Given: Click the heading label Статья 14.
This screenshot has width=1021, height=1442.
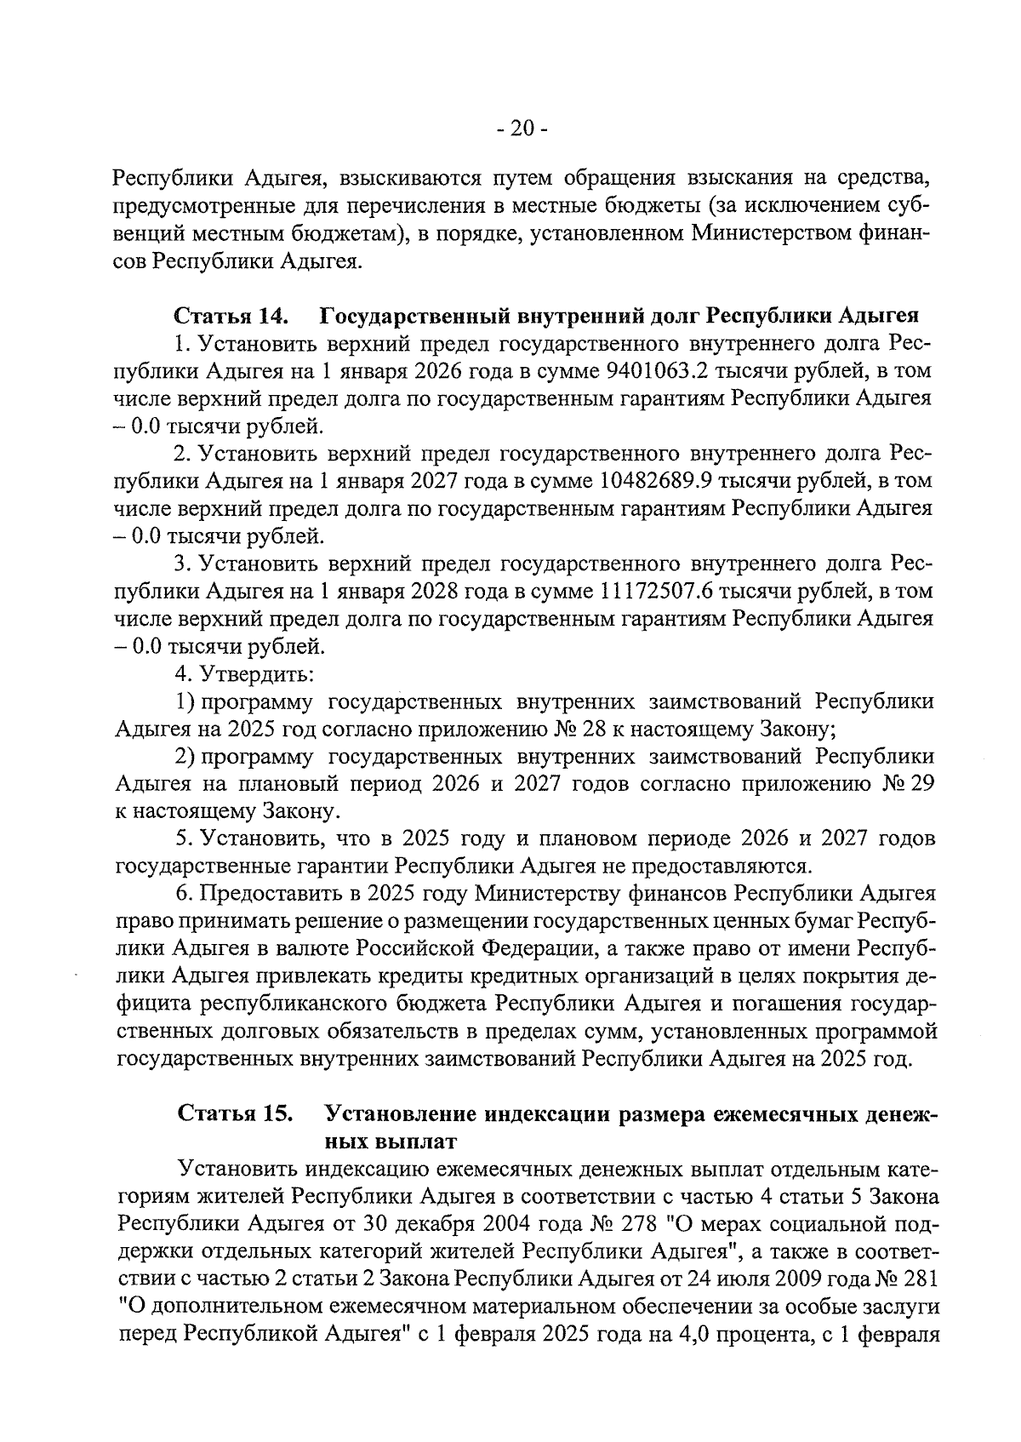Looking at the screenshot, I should coord(231,317).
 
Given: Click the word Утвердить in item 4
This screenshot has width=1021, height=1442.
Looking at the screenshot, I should coord(253,674).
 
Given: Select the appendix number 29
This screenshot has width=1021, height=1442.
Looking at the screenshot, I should coord(921,784).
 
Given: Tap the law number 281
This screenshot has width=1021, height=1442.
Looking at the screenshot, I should coord(921,1279).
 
